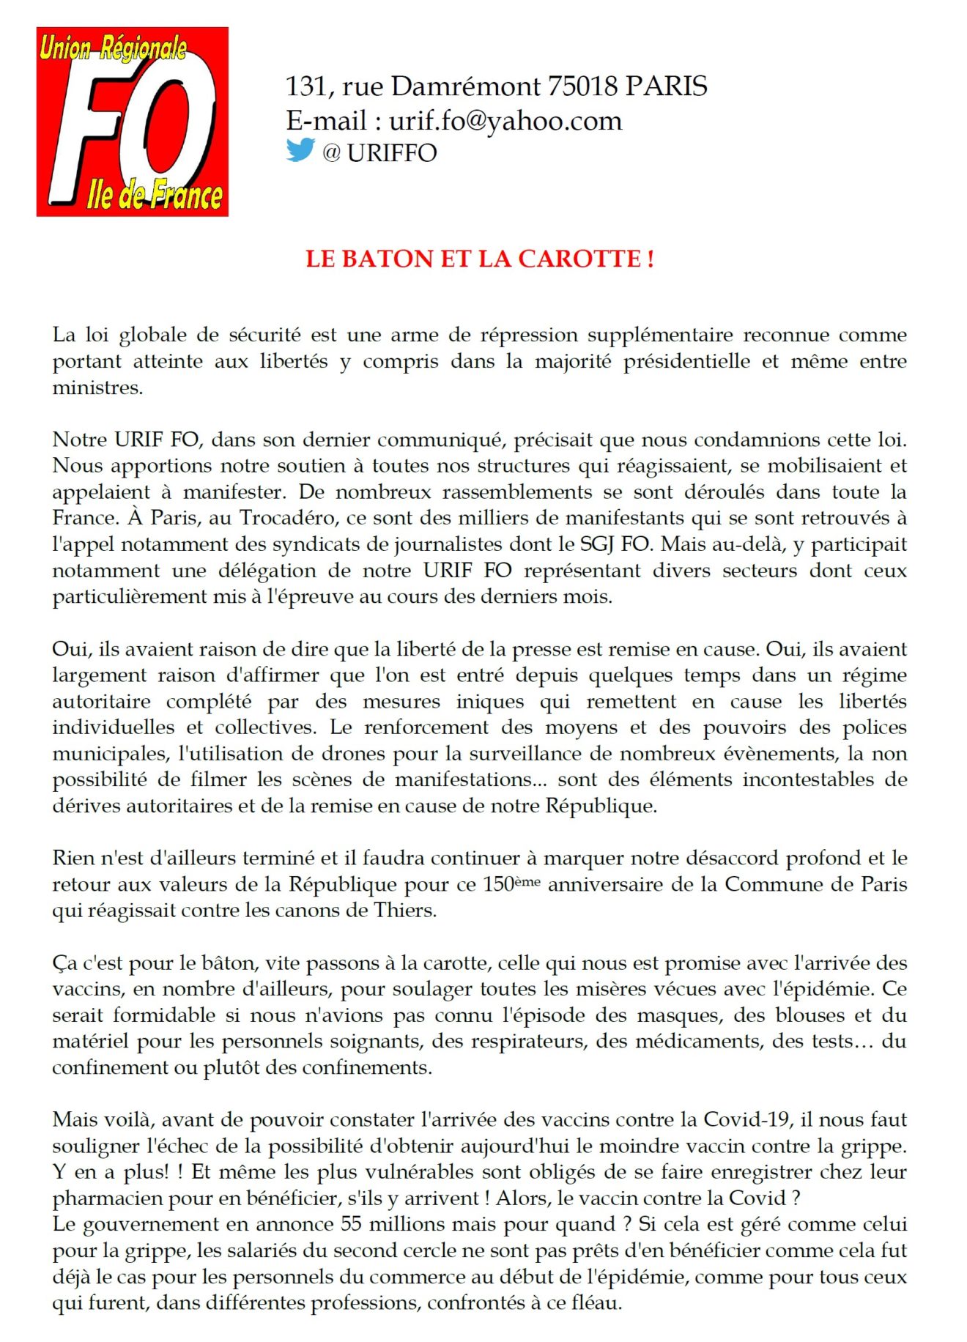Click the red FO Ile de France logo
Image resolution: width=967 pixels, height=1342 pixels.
click(133, 122)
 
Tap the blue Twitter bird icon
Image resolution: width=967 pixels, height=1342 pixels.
click(300, 150)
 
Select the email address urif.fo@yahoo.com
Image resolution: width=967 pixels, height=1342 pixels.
click(505, 120)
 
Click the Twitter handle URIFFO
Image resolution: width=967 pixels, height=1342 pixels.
click(392, 152)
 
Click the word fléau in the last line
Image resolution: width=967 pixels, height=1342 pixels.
click(596, 1303)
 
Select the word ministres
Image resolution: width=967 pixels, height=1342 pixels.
click(96, 388)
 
